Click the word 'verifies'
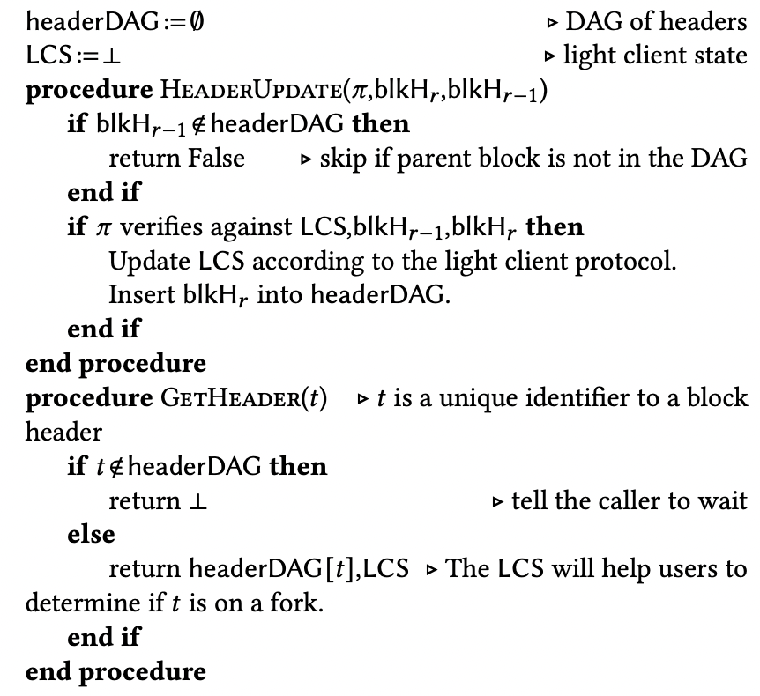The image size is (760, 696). tap(155, 227)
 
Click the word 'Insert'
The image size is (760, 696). tap(136, 295)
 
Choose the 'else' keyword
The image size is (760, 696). tap(91, 534)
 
